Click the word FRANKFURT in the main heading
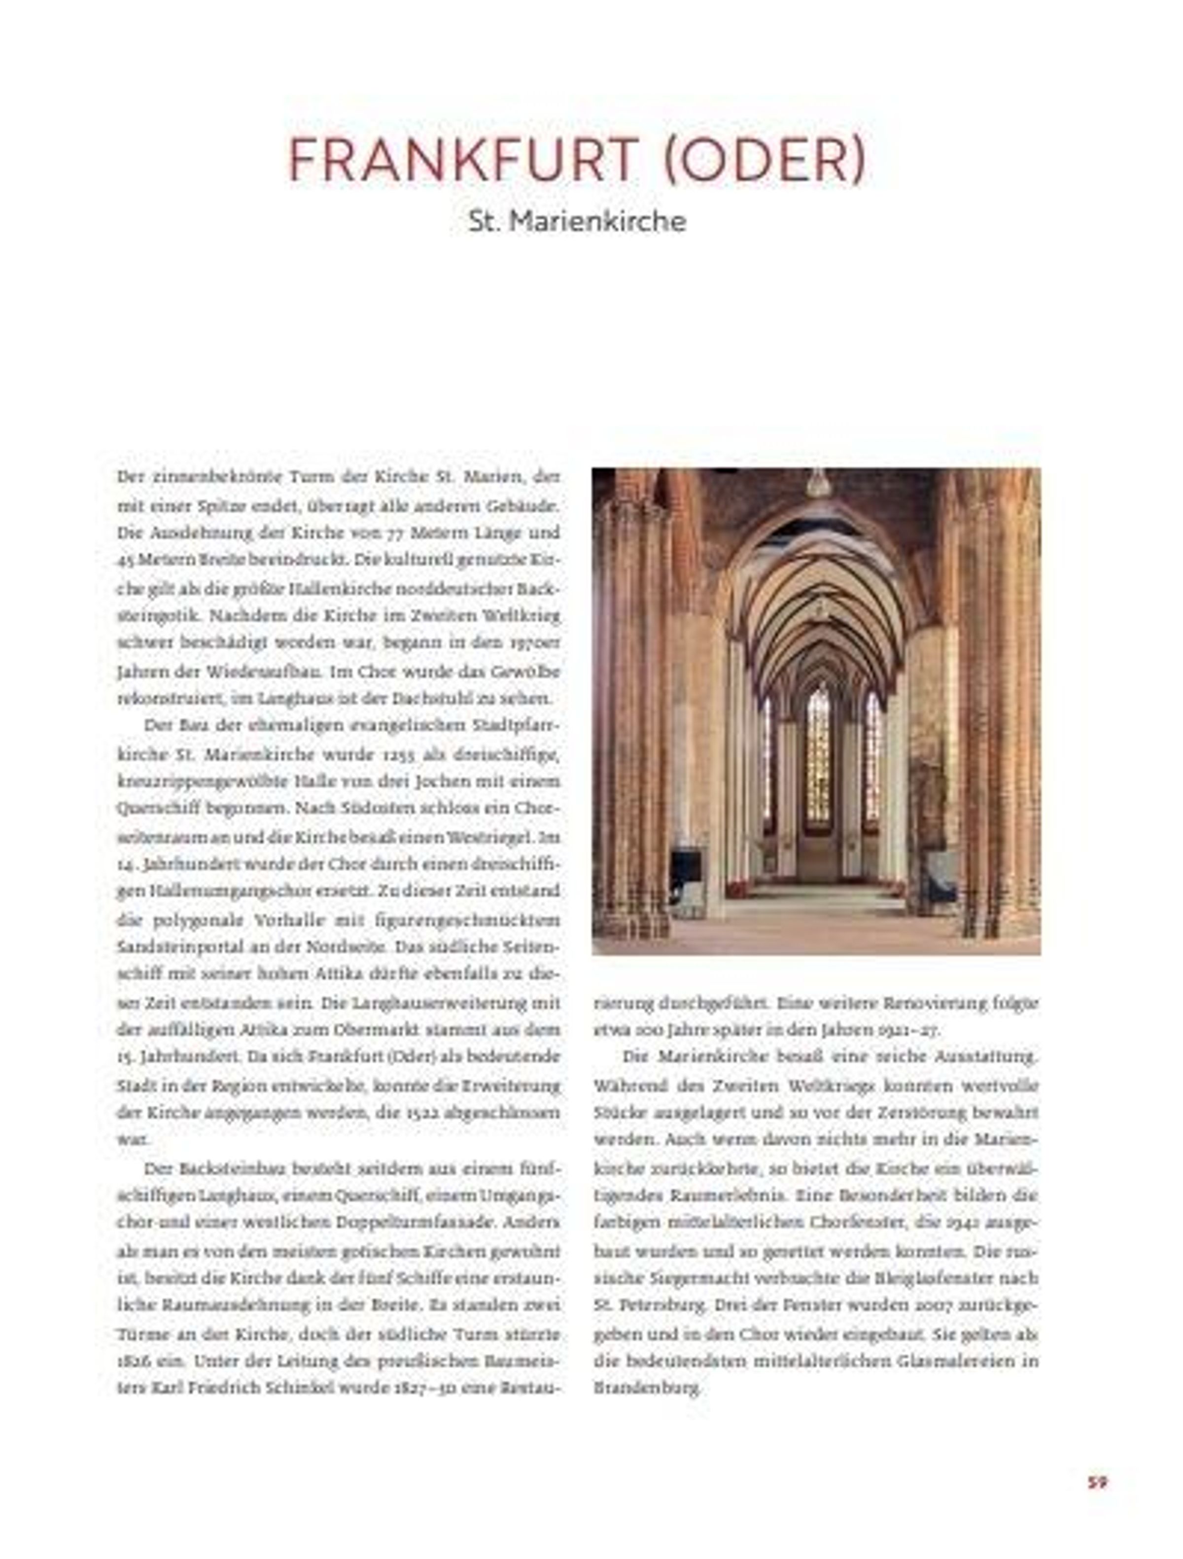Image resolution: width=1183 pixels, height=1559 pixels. click(463, 161)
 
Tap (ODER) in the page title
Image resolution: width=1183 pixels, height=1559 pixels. click(763, 161)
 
